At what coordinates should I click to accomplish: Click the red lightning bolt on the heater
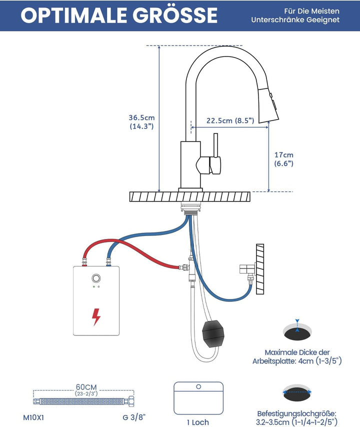[96, 316]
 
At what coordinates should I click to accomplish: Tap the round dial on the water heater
[96, 278]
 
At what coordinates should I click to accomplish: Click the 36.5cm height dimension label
[141, 121]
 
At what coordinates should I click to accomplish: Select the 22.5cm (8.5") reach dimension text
[230, 120]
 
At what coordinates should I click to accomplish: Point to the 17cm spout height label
[284, 159]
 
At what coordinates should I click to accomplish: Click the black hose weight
[213, 333]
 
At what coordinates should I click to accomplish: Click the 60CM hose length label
[86, 387]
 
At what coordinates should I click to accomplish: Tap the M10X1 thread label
[33, 417]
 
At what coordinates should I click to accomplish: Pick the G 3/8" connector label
[134, 417]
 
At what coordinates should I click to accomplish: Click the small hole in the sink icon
[198, 386]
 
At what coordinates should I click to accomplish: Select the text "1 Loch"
[198, 422]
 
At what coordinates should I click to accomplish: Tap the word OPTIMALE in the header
[73, 15]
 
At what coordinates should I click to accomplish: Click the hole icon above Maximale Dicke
[297, 330]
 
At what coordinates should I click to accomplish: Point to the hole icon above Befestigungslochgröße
[297, 392]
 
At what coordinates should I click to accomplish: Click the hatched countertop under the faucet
[190, 196]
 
